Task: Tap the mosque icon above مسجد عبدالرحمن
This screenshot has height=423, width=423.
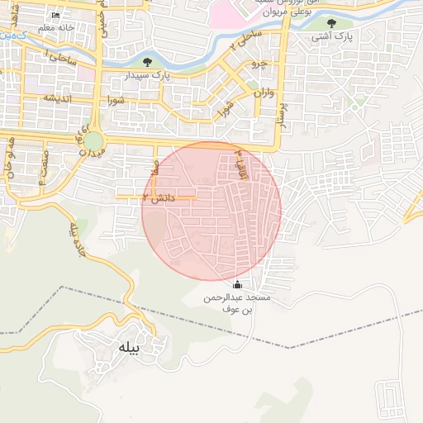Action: click(238, 285)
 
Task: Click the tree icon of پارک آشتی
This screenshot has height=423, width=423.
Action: click(331, 23)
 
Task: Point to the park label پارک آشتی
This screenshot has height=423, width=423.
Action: click(332, 38)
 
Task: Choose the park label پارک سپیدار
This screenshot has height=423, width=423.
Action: click(149, 75)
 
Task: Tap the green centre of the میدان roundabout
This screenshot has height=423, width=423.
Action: click(93, 141)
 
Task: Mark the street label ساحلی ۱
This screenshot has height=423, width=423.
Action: click(60, 59)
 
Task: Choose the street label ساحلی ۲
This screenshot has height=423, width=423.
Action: click(245, 38)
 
